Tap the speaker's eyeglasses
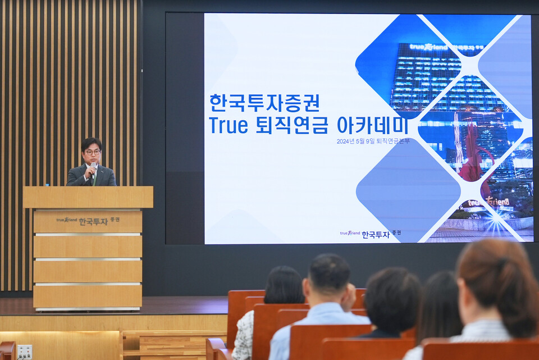tap(93, 152)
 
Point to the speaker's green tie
tap(95, 179)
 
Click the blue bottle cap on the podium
tap(47, 184)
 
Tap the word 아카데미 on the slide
tap(363, 125)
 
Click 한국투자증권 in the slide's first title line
tap(264, 103)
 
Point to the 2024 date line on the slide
tap(373, 141)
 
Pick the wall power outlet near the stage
tap(24, 352)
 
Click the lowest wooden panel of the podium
tap(88, 296)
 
